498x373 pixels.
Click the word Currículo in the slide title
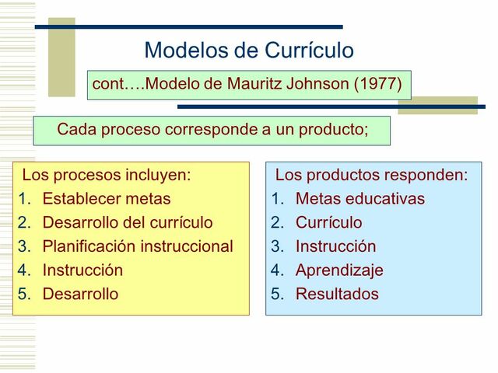point(310,51)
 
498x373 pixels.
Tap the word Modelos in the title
point(185,51)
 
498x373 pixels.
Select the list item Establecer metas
point(106,199)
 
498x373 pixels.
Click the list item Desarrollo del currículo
point(127,223)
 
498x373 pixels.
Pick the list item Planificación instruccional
point(137,247)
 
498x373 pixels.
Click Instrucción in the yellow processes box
point(82,271)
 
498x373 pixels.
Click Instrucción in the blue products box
point(335,247)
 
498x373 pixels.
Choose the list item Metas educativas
point(359,199)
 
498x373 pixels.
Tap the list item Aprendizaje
point(339,271)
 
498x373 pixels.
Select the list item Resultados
point(337,295)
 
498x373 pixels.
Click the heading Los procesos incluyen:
point(106,175)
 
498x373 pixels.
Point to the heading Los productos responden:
point(371,175)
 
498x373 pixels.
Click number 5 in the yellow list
point(24,295)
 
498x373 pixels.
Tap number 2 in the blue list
point(277,223)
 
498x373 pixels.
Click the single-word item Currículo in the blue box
point(328,223)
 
